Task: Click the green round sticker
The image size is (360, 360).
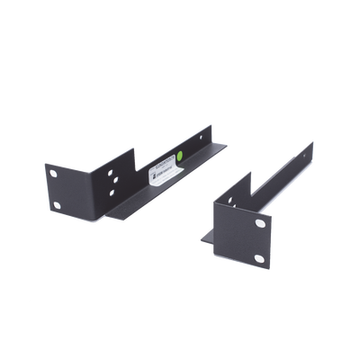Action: pos(182,155)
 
